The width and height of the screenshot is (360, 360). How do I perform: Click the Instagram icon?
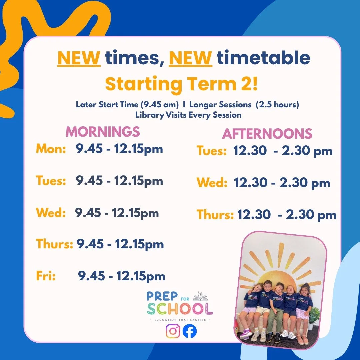[173, 331]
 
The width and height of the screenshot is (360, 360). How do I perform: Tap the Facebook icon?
[190, 331]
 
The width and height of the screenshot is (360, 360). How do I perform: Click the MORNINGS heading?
[103, 132]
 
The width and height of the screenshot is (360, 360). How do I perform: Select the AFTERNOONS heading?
[267, 134]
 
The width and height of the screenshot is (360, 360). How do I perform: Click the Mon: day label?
[51, 149]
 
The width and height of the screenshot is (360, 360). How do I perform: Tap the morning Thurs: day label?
[55, 244]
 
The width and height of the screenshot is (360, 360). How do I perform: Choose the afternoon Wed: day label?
[212, 183]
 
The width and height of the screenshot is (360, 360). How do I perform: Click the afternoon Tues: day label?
[212, 151]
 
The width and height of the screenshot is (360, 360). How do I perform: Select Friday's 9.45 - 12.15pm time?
[122, 276]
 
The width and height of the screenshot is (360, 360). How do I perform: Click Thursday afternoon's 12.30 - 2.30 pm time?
[287, 215]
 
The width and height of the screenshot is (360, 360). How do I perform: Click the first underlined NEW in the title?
[79, 58]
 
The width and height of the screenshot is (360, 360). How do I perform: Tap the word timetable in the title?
[263, 58]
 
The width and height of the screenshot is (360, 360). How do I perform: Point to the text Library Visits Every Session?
[188, 115]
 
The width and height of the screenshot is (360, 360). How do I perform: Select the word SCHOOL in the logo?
[180, 308]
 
